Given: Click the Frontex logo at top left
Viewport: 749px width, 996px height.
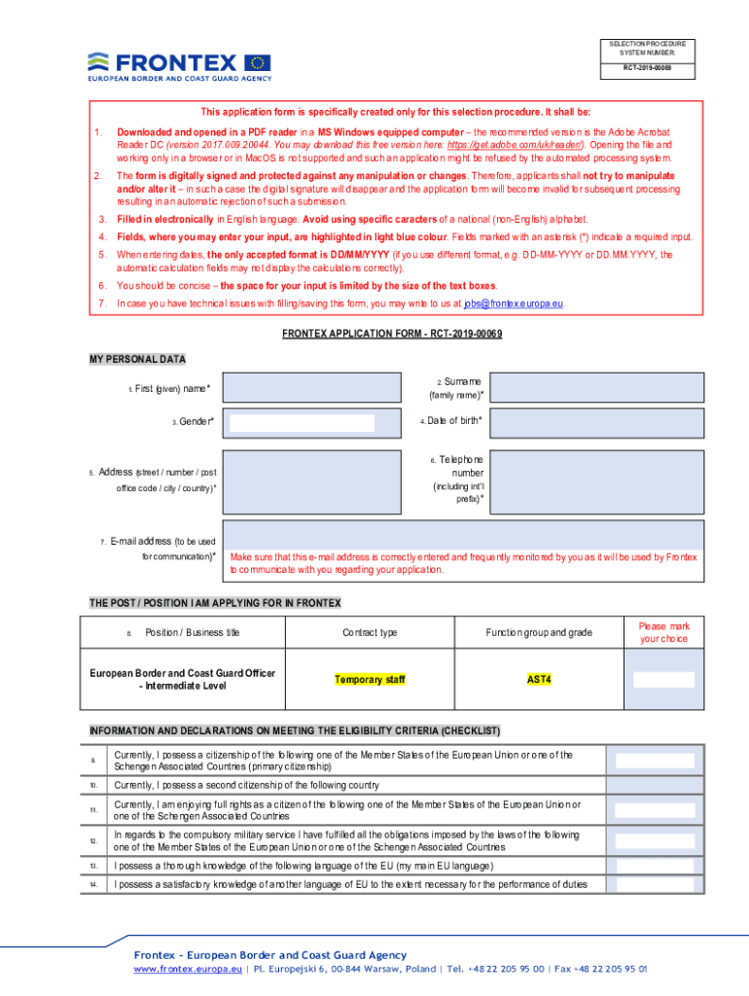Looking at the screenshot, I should (180, 64).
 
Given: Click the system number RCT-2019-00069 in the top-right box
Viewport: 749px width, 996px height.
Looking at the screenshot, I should (647, 70).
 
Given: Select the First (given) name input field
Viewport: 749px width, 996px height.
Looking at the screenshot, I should (312, 388).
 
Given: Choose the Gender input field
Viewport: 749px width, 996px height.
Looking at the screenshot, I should (302, 422).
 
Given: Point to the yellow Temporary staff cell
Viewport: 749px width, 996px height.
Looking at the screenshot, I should (370, 679).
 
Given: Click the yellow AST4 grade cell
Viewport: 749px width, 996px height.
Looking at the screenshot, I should (539, 679).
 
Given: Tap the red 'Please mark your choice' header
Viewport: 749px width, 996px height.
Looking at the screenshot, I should (663, 632).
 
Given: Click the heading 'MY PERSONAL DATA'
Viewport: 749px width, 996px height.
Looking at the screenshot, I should (137, 359).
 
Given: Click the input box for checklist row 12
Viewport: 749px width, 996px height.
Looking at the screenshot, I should (655, 840).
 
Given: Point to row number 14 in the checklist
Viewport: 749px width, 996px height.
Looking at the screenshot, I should (93, 884).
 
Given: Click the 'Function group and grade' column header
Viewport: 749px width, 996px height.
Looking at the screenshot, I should (539, 632).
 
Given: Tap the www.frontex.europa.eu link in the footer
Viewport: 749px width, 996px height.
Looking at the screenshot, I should (189, 970).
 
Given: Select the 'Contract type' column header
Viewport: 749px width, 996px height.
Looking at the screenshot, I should (370, 632).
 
